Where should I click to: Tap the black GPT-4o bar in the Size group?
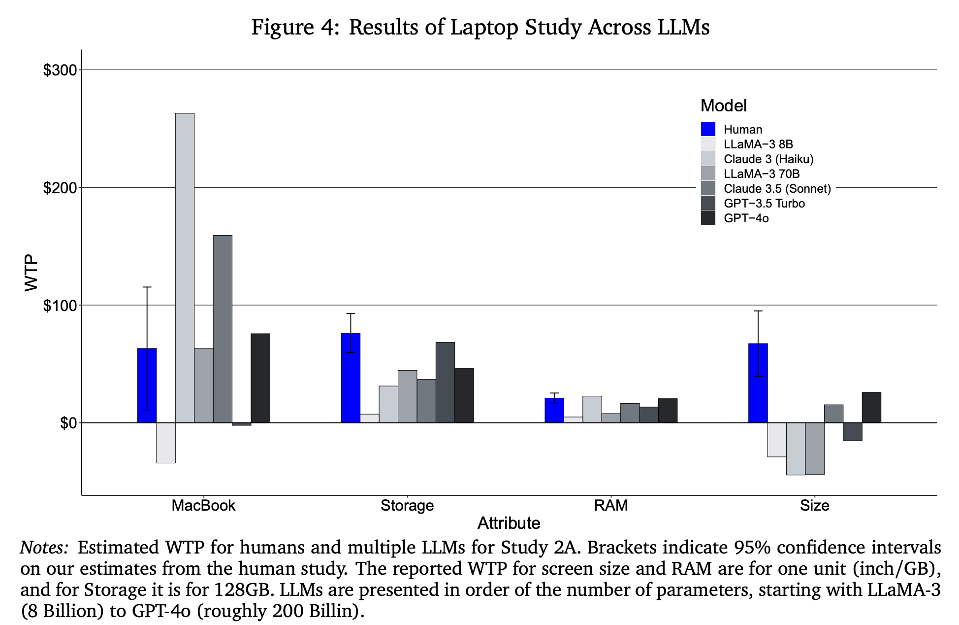pos(871,408)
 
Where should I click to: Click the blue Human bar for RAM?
pos(554,410)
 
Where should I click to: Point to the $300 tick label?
pos(60,70)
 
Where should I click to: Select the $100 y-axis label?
pos(60,306)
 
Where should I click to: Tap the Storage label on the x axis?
pos(407,506)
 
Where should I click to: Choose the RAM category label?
pos(611,506)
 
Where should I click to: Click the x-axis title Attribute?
pos(509,523)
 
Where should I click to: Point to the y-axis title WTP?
pos(32,273)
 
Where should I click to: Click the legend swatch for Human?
pos(708,129)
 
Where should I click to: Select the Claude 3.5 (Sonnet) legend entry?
pos(777,189)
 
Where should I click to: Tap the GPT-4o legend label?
pos(746,218)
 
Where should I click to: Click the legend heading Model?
pos(723,105)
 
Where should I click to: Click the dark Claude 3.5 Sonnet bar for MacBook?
pos(223,329)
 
